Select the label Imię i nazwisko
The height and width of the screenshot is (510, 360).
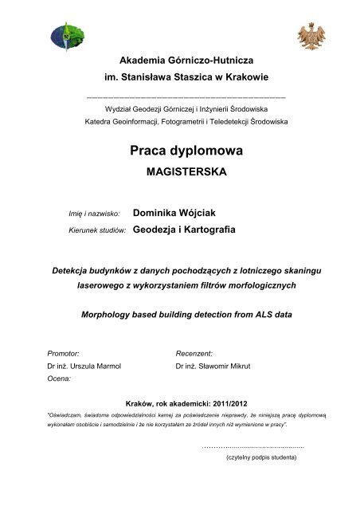click(x=84, y=214)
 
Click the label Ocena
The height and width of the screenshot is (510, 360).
click(x=60, y=380)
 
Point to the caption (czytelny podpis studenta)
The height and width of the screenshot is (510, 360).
click(x=261, y=459)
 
